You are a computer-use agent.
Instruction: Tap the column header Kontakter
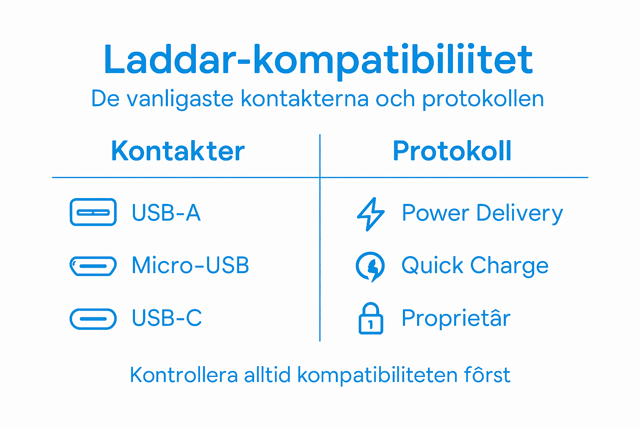178,151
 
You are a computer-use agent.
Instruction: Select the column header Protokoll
452,151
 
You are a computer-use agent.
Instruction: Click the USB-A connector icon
93,212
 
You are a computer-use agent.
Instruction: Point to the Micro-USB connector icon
93,266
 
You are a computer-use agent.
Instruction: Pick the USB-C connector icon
93,319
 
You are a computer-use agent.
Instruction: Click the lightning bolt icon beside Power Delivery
370,214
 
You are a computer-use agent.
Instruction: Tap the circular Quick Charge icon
370,266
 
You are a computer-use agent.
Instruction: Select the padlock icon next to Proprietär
370,319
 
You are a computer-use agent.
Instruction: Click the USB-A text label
166,213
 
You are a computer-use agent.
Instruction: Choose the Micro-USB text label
190,266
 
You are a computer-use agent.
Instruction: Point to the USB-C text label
167,318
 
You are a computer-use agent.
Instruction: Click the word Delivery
520,213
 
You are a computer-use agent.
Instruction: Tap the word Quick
432,266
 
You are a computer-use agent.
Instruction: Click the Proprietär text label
456,319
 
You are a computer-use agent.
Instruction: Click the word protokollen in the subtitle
483,99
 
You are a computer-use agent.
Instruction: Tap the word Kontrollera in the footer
184,375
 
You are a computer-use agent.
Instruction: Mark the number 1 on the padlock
370,324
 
